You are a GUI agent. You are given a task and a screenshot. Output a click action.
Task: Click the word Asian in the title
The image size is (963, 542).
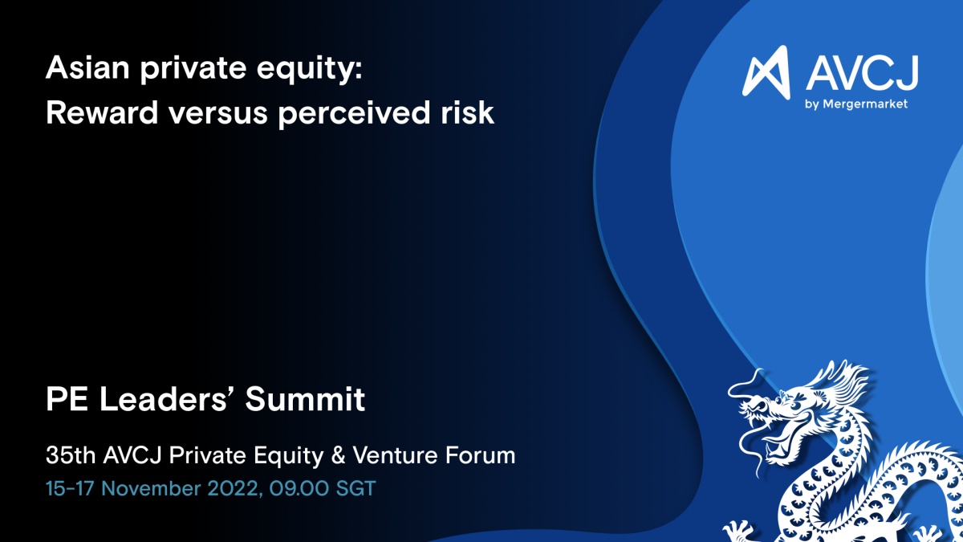(87, 67)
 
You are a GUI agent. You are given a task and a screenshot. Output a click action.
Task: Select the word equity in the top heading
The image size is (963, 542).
(310, 70)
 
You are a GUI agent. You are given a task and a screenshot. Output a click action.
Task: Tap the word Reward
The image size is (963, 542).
(102, 112)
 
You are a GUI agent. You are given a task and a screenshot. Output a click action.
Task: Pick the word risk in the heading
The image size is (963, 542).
(467, 112)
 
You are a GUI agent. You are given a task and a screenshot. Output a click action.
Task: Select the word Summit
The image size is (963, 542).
(305, 399)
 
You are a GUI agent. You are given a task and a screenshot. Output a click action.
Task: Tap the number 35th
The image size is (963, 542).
(71, 455)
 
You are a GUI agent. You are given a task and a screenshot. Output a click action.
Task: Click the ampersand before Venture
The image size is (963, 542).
(339, 455)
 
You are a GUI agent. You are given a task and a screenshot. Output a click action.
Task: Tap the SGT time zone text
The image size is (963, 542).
(356, 489)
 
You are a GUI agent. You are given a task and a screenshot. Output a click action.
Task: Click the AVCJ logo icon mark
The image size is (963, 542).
(766, 72)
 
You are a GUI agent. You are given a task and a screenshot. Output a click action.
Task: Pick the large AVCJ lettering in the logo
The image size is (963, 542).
(862, 73)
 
